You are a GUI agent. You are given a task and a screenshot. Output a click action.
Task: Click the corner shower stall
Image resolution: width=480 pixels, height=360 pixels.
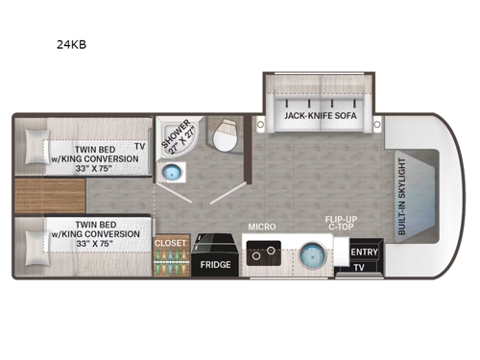pyautogui.click(x=178, y=139)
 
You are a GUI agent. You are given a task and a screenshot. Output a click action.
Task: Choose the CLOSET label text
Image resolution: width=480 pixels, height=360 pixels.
pyautogui.click(x=170, y=243)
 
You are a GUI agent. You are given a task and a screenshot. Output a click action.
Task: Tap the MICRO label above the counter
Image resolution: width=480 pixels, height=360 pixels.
pyautogui.click(x=261, y=227)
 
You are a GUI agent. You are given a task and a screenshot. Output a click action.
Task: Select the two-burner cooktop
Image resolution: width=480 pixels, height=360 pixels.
pyautogui.click(x=259, y=254)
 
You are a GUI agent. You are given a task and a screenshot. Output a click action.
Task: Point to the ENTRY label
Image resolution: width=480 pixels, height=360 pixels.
pyautogui.click(x=363, y=252)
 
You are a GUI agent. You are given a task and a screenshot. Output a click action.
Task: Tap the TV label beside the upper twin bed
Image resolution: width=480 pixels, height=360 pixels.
pyautogui.click(x=140, y=147)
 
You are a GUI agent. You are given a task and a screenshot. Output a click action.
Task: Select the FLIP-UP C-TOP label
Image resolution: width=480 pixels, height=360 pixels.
pyautogui.click(x=338, y=225)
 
